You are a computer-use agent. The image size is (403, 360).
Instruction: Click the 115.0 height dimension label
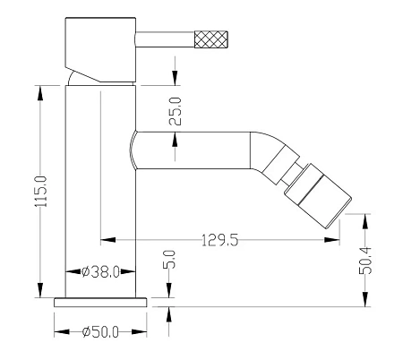(x=41, y=192)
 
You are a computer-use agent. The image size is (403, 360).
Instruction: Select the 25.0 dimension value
(x=176, y=111)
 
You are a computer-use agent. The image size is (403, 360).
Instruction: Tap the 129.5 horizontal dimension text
(x=220, y=240)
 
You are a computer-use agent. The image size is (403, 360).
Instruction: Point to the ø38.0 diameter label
(x=100, y=271)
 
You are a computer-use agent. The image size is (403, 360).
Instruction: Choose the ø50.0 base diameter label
(x=100, y=332)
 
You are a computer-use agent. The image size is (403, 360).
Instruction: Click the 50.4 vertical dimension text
(x=365, y=261)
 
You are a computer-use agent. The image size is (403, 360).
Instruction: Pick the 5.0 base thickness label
(x=169, y=259)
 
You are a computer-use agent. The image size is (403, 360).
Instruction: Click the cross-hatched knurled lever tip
(x=211, y=39)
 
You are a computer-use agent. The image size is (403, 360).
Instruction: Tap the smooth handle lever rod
(x=165, y=39)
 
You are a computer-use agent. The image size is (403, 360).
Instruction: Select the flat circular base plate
(x=100, y=303)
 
